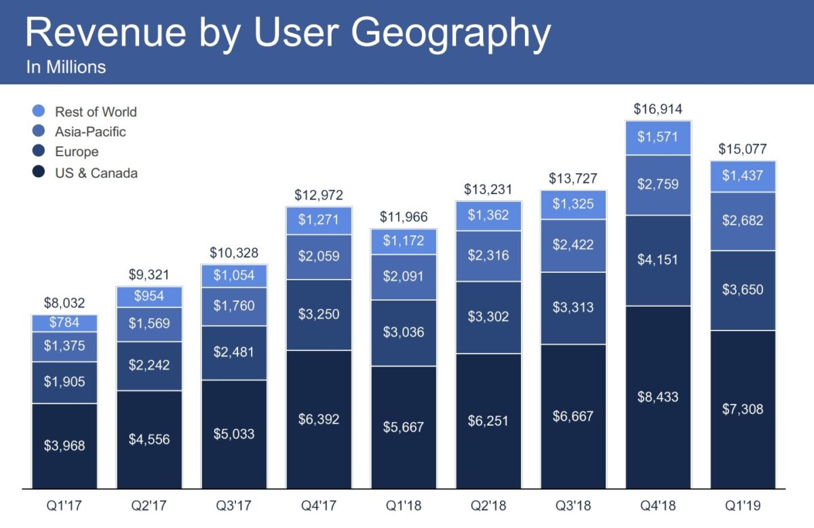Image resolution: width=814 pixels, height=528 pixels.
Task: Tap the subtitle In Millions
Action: pyautogui.click(x=66, y=67)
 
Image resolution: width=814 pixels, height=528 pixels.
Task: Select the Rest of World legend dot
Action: pyautogui.click(x=39, y=111)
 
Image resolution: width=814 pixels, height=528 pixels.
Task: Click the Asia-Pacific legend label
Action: pyautogui.click(x=90, y=132)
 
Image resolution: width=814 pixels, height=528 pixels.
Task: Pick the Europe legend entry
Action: pyautogui.click(x=76, y=152)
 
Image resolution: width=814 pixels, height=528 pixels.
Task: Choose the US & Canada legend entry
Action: pyautogui.click(x=96, y=173)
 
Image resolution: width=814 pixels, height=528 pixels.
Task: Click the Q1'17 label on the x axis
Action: pyautogui.click(x=64, y=506)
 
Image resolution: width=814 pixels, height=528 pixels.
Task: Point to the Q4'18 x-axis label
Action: pyautogui.click(x=657, y=506)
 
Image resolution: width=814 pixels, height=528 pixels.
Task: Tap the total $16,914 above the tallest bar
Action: pyautogui.click(x=657, y=109)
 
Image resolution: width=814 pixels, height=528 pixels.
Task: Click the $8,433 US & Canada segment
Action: pyautogui.click(x=657, y=397)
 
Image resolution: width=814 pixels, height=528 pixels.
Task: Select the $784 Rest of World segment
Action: pyautogui.click(x=64, y=322)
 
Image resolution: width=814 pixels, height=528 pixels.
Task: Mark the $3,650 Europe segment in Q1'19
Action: pyautogui.click(x=742, y=290)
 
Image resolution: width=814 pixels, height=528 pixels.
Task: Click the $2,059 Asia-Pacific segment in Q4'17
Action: pyautogui.click(x=319, y=257)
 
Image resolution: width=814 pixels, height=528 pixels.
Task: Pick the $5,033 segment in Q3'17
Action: pyautogui.click(x=234, y=434)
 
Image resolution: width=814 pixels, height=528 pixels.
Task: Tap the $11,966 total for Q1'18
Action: pyautogui.click(x=404, y=218)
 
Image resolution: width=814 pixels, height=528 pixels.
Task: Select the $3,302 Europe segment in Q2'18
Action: pyautogui.click(x=488, y=317)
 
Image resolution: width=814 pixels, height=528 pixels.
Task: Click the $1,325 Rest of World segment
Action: pyautogui.click(x=573, y=204)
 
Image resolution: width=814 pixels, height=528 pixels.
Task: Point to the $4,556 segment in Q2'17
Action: pyautogui.click(x=149, y=439)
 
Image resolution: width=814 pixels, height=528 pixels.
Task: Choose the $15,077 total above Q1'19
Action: pyautogui.click(x=742, y=149)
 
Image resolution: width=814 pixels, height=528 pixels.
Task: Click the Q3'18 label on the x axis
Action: pyautogui.click(x=573, y=506)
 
